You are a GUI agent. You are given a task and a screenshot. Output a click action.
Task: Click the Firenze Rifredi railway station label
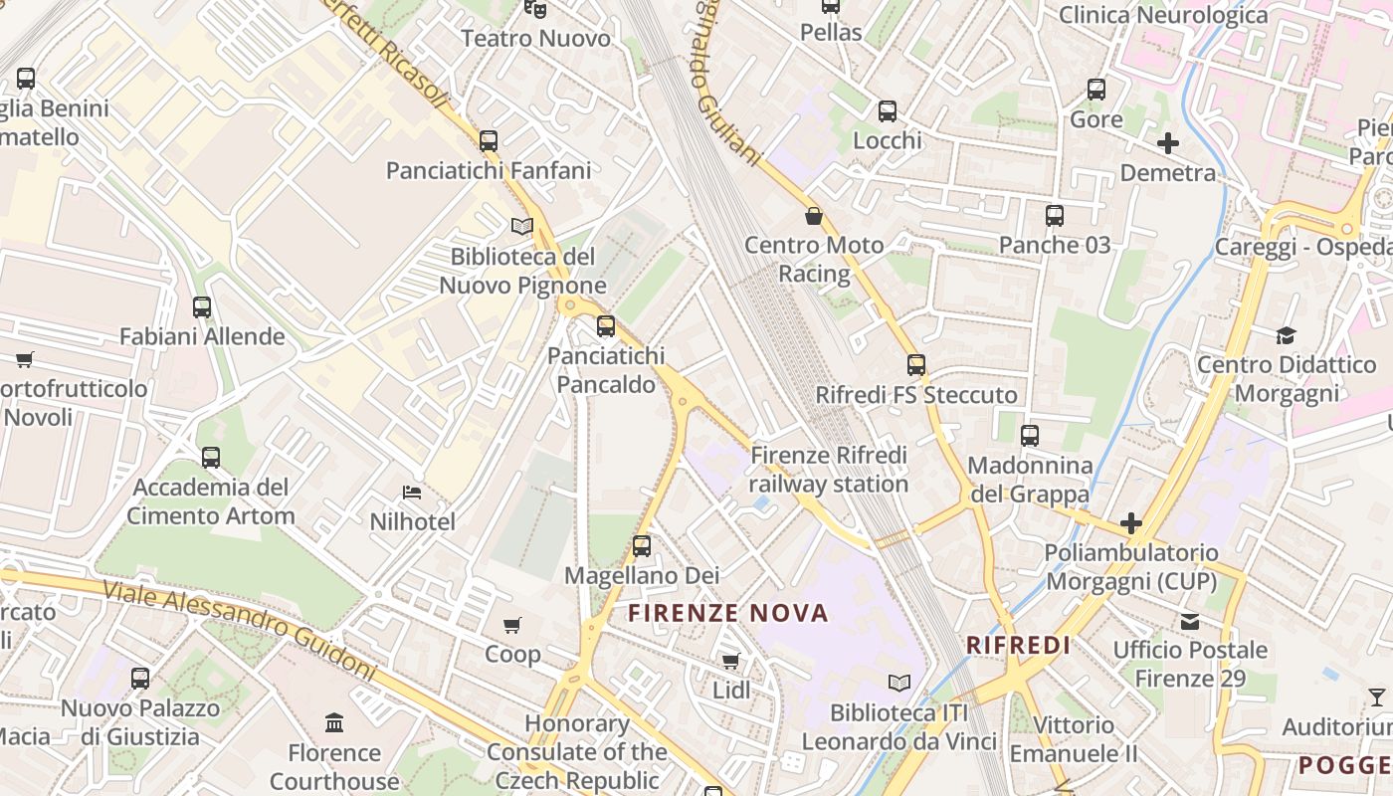pyautogui.click(x=829, y=470)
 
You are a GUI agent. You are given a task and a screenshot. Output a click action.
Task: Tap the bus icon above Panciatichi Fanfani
pyautogui.click(x=488, y=141)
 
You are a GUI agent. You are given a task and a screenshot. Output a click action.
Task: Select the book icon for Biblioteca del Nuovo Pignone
pyautogui.click(x=522, y=226)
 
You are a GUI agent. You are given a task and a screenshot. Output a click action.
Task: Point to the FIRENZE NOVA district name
pyautogui.click(x=728, y=613)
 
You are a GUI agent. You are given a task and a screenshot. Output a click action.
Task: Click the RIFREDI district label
pyautogui.click(x=1018, y=645)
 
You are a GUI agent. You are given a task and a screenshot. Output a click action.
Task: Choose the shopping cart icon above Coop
pyautogui.click(x=512, y=625)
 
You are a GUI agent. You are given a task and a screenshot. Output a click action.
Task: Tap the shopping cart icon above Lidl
pyautogui.click(x=731, y=661)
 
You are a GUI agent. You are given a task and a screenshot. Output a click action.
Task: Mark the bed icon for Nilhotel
pyautogui.click(x=412, y=493)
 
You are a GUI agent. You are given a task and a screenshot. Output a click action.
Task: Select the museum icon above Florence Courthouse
pyautogui.click(x=334, y=722)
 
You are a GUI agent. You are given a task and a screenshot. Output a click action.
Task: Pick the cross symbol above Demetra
pyautogui.click(x=1168, y=143)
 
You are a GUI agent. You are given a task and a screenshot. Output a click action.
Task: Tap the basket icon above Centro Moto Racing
pyautogui.click(x=814, y=216)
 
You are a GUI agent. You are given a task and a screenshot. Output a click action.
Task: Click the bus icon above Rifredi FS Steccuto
pyautogui.click(x=916, y=365)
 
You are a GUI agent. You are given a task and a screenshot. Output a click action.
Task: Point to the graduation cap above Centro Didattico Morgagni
pyautogui.click(x=1287, y=335)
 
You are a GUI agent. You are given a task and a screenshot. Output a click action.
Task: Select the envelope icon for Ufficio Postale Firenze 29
pyautogui.click(x=1189, y=622)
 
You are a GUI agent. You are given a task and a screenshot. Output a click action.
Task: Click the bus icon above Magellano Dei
pyautogui.click(x=642, y=546)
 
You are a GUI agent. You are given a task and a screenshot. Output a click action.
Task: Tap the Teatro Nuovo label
pyautogui.click(x=536, y=39)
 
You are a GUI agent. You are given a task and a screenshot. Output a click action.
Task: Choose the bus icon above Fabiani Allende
pyautogui.click(x=202, y=307)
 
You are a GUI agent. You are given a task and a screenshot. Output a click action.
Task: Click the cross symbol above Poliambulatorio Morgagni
pyautogui.click(x=1131, y=523)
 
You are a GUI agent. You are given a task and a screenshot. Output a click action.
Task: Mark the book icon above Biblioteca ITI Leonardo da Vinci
pyautogui.click(x=899, y=683)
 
